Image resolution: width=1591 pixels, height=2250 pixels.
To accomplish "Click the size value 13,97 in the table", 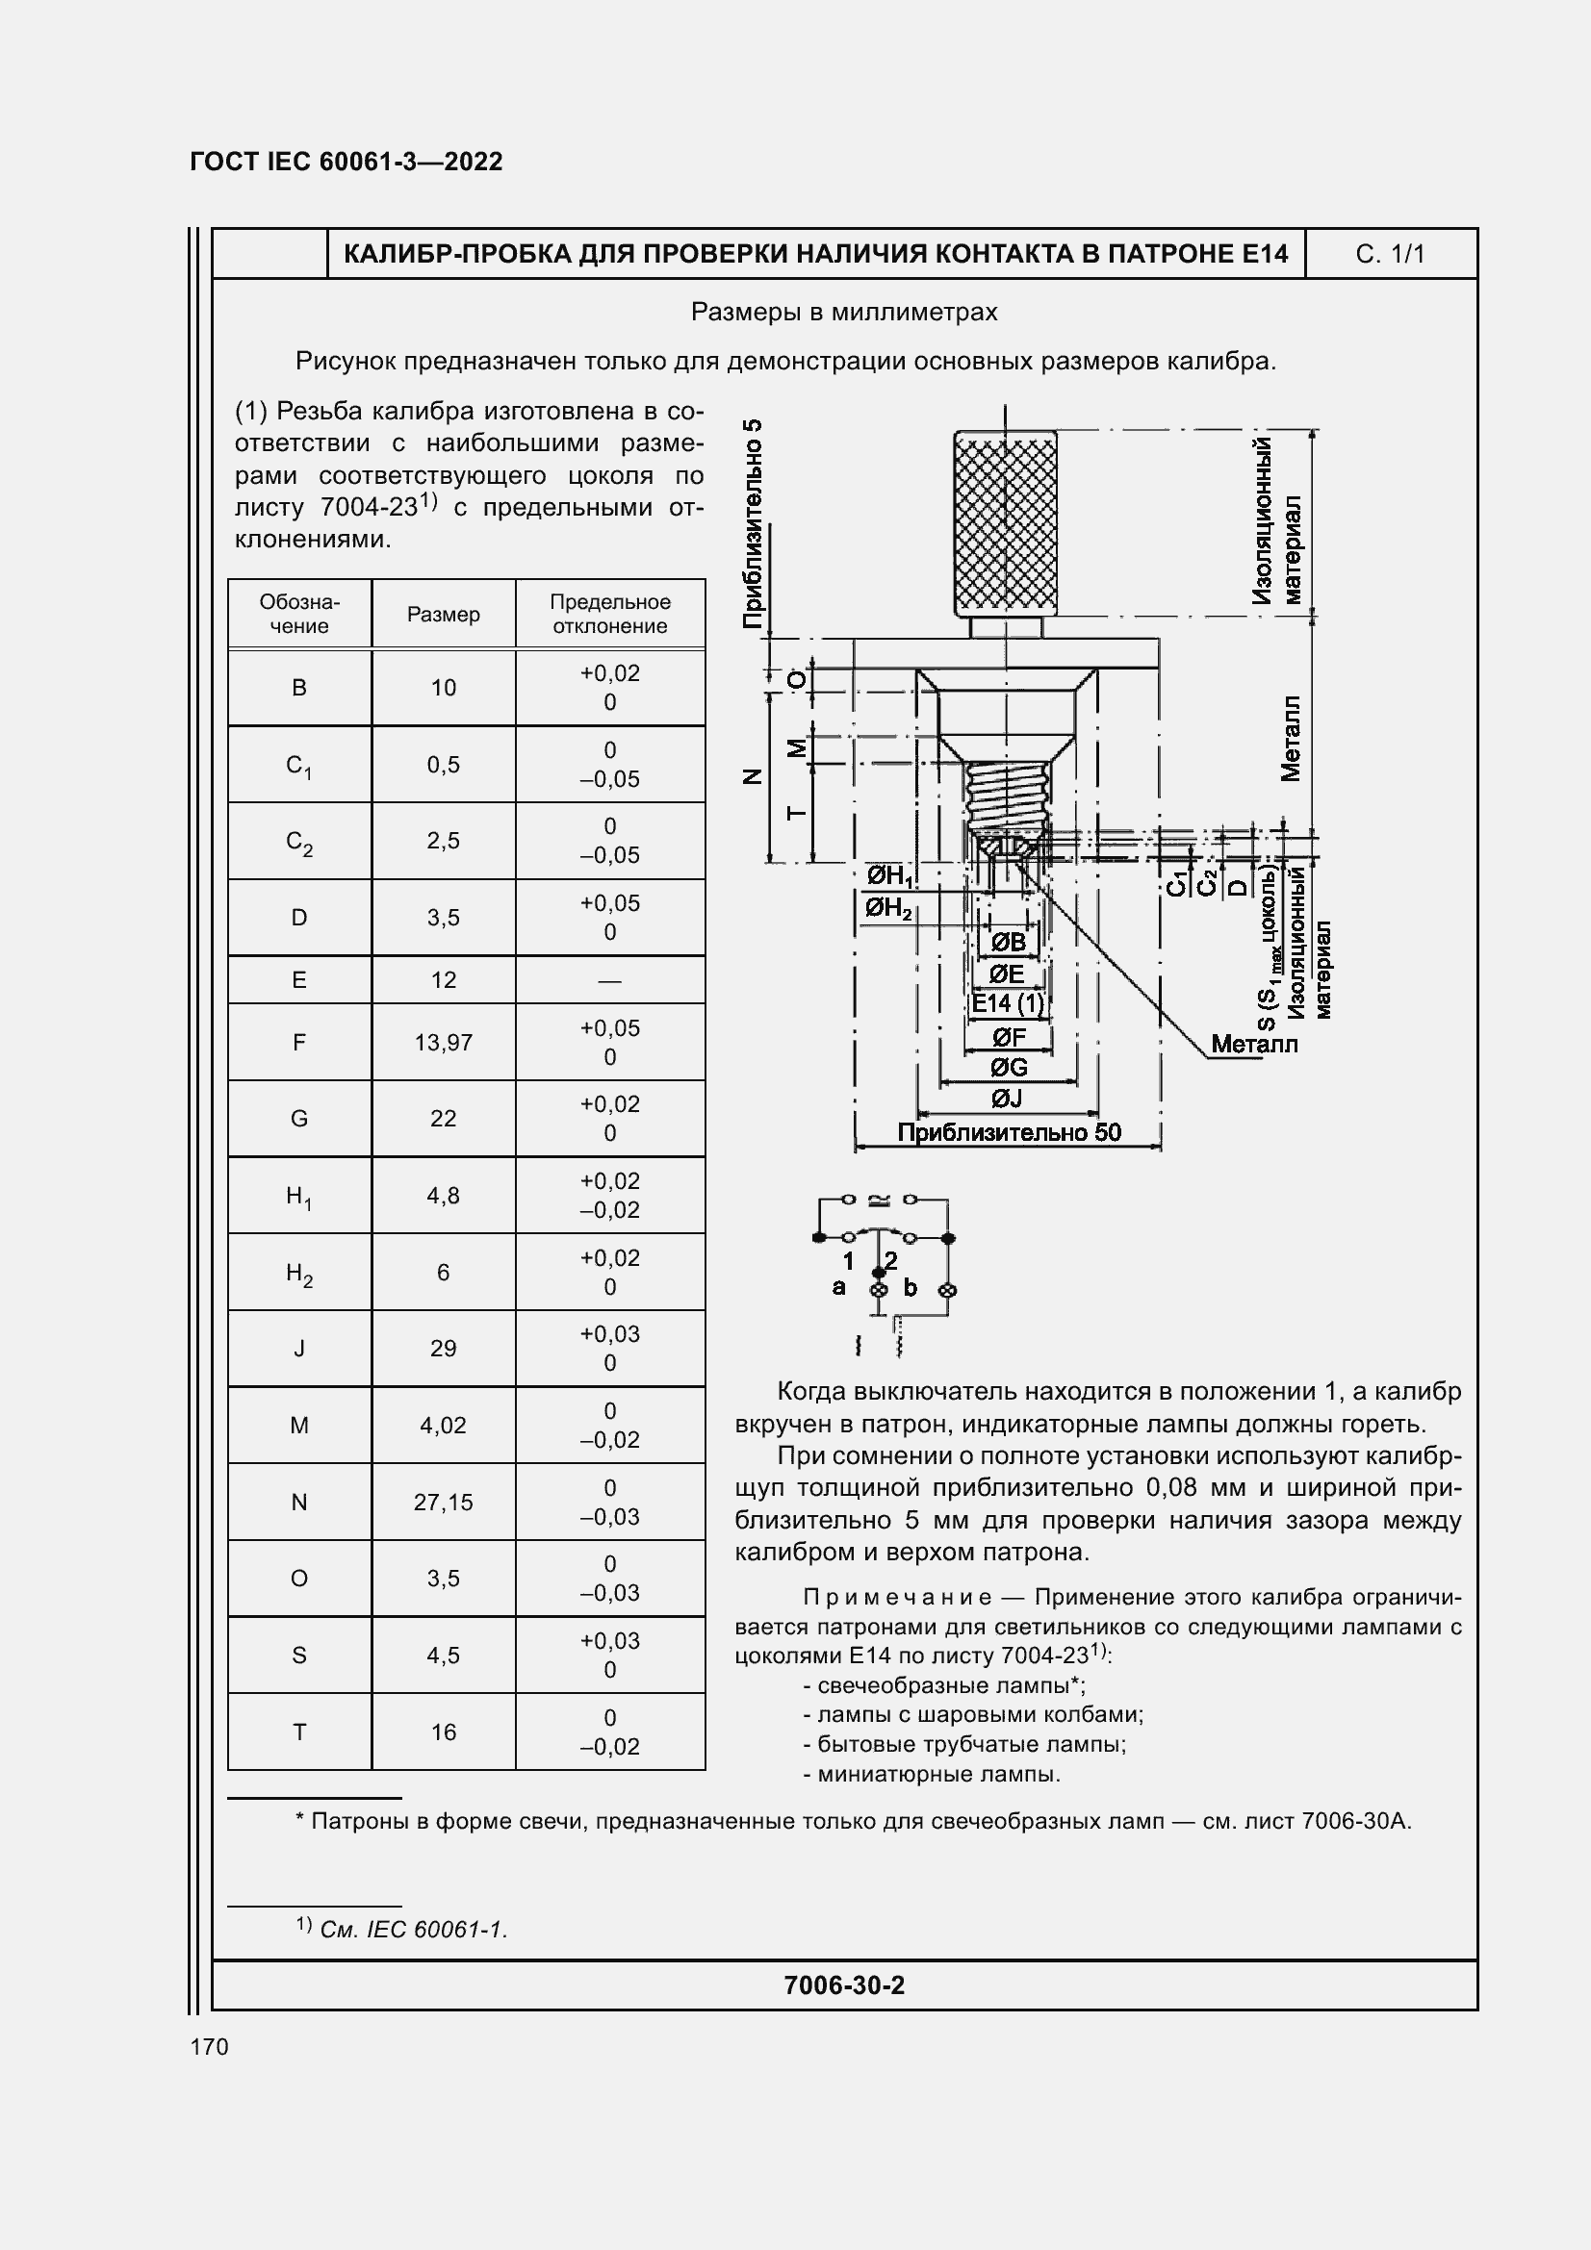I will click(x=443, y=1043).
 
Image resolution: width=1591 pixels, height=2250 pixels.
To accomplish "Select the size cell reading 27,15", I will click(x=443, y=1503).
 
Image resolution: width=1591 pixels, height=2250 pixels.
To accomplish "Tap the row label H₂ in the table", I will click(x=299, y=1273).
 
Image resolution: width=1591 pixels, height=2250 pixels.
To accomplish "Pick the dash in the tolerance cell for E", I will click(x=609, y=981).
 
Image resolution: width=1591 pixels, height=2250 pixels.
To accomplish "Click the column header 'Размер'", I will click(x=443, y=615).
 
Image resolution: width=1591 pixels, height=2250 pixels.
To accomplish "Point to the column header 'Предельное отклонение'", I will click(x=609, y=615).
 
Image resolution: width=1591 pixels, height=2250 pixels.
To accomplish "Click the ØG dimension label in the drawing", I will click(x=1008, y=1067).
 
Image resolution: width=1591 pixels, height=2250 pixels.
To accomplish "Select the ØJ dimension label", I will click(x=1007, y=1099).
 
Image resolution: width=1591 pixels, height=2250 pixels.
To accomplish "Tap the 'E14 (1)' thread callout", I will click(x=1008, y=1003).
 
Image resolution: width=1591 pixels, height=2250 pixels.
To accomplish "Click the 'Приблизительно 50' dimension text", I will click(x=1009, y=1133).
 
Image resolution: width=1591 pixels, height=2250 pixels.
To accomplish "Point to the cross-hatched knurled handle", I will click(x=1005, y=523).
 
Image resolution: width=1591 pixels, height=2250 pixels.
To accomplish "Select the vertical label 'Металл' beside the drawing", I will click(x=1290, y=739).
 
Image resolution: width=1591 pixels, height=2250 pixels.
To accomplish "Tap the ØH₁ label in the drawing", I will click(x=889, y=875).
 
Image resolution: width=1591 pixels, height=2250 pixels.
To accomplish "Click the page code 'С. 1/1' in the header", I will click(x=1389, y=255).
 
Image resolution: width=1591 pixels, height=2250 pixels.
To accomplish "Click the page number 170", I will click(x=209, y=2047).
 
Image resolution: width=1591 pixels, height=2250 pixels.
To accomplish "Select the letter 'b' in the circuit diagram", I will click(x=910, y=1288).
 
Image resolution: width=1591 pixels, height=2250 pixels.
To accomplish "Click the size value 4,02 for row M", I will click(x=443, y=1426).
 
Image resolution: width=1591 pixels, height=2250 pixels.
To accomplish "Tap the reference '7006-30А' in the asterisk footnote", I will click(x=1356, y=1822).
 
